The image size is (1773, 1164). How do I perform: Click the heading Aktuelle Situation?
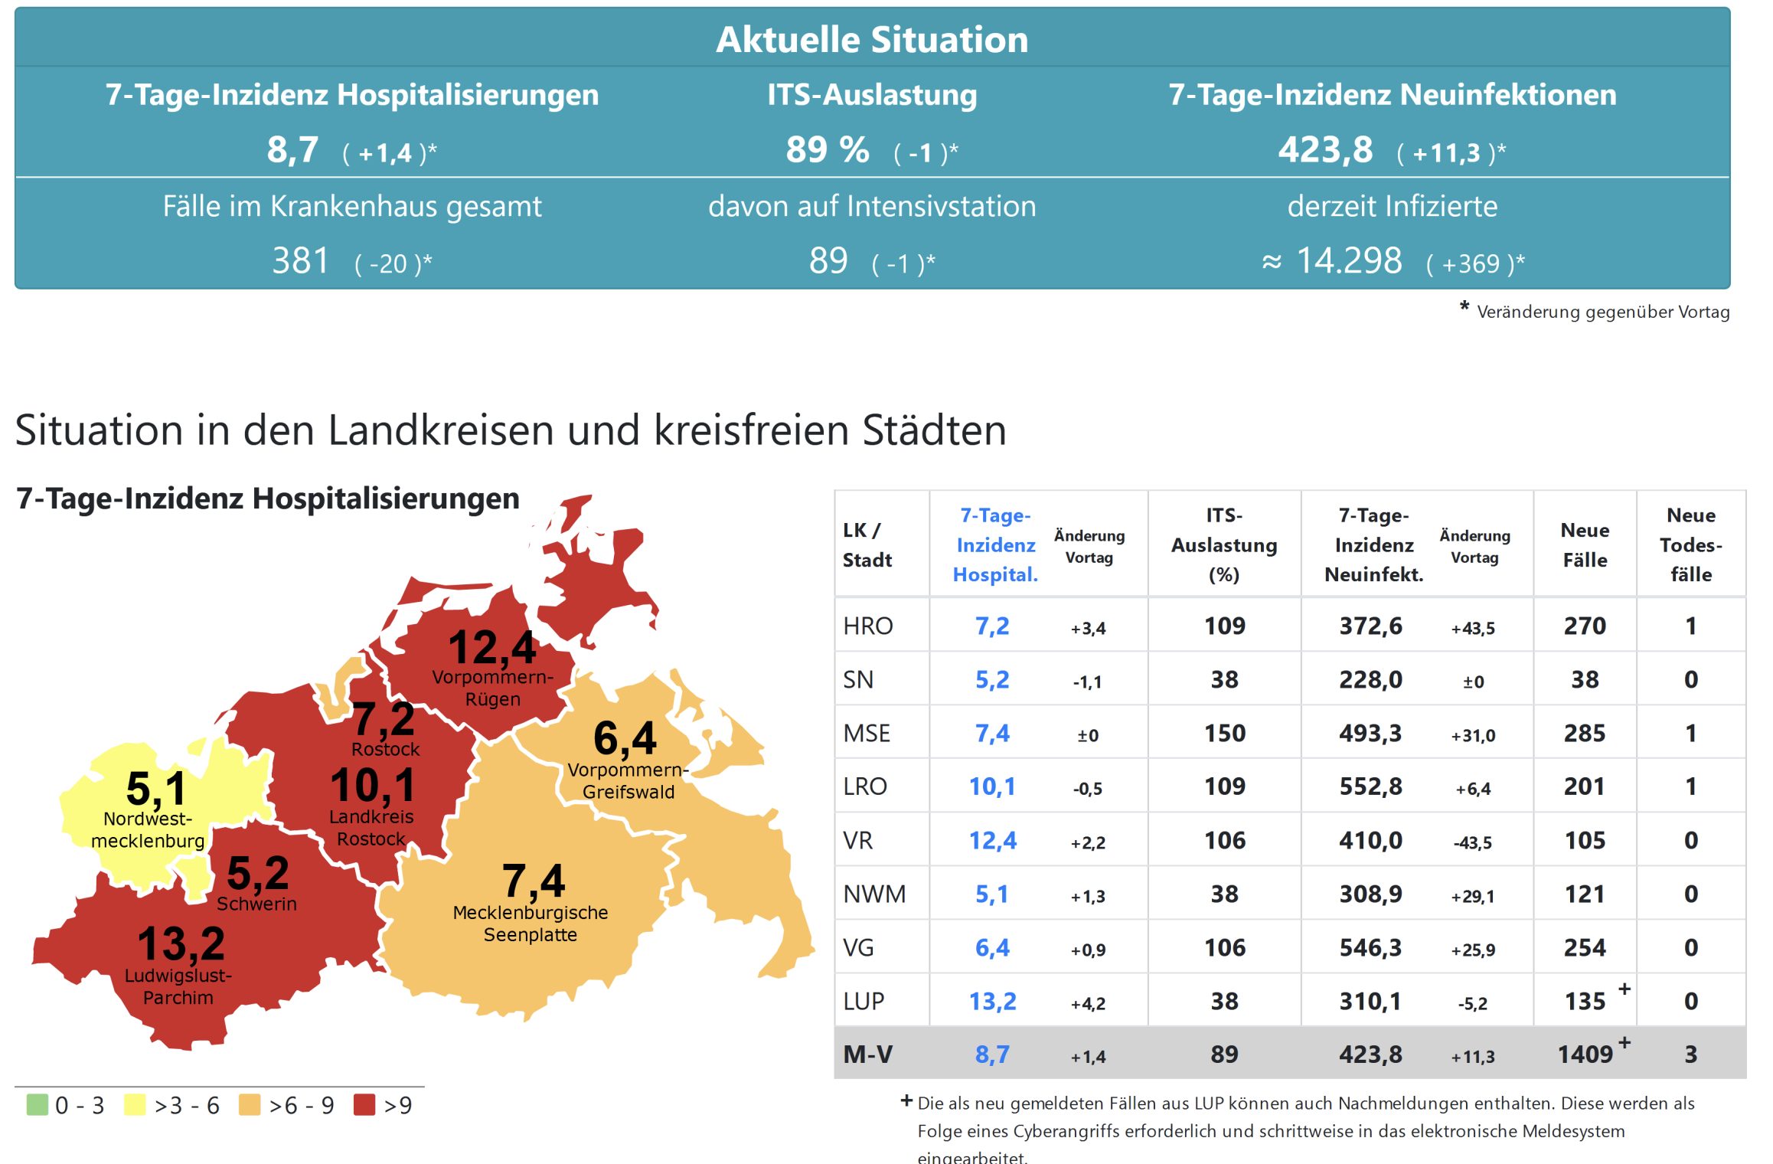click(871, 40)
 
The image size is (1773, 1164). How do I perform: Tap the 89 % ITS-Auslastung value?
click(827, 150)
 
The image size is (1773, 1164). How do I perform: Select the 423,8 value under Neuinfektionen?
click(1325, 150)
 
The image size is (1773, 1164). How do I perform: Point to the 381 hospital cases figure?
click(300, 261)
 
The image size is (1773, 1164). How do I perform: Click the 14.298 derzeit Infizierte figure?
click(1349, 261)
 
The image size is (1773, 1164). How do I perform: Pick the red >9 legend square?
click(364, 1104)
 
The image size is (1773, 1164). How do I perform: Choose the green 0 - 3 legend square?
click(37, 1104)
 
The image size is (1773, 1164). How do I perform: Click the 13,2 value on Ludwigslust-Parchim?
click(181, 943)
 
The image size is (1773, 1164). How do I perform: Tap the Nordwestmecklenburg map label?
click(148, 830)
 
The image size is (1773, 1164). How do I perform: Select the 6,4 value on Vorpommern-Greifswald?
click(625, 738)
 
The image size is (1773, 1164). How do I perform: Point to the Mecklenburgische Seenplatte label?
click(530, 924)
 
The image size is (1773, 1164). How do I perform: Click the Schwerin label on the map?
click(256, 904)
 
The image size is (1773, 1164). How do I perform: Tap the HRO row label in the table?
click(867, 626)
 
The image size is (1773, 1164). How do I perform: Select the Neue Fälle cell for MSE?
click(1584, 734)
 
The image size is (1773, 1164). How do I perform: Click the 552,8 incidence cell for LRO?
click(1370, 786)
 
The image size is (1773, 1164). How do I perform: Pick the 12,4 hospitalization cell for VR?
click(992, 841)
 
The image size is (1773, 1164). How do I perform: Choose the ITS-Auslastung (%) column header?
click(1223, 544)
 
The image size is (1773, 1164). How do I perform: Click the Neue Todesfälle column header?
click(1690, 544)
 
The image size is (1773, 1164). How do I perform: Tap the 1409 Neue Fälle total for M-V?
click(1585, 1054)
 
